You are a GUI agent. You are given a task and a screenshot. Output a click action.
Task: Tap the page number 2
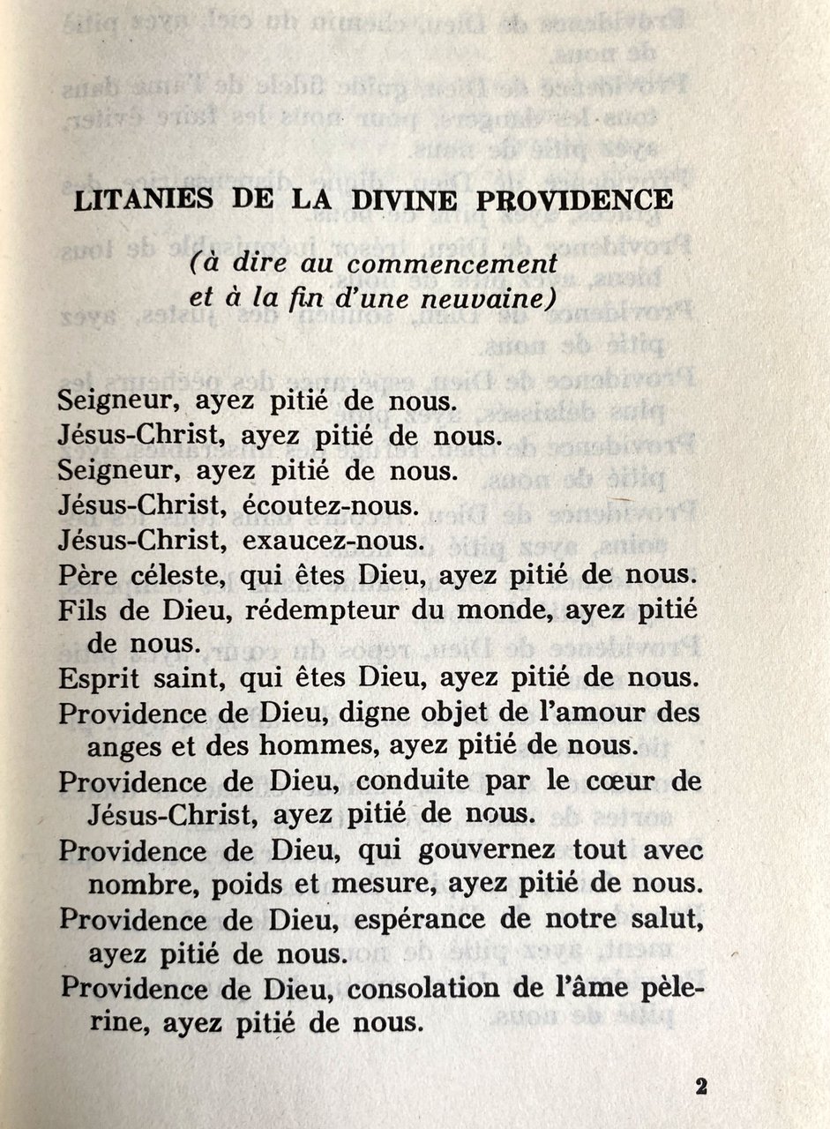pyautogui.click(x=701, y=1086)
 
